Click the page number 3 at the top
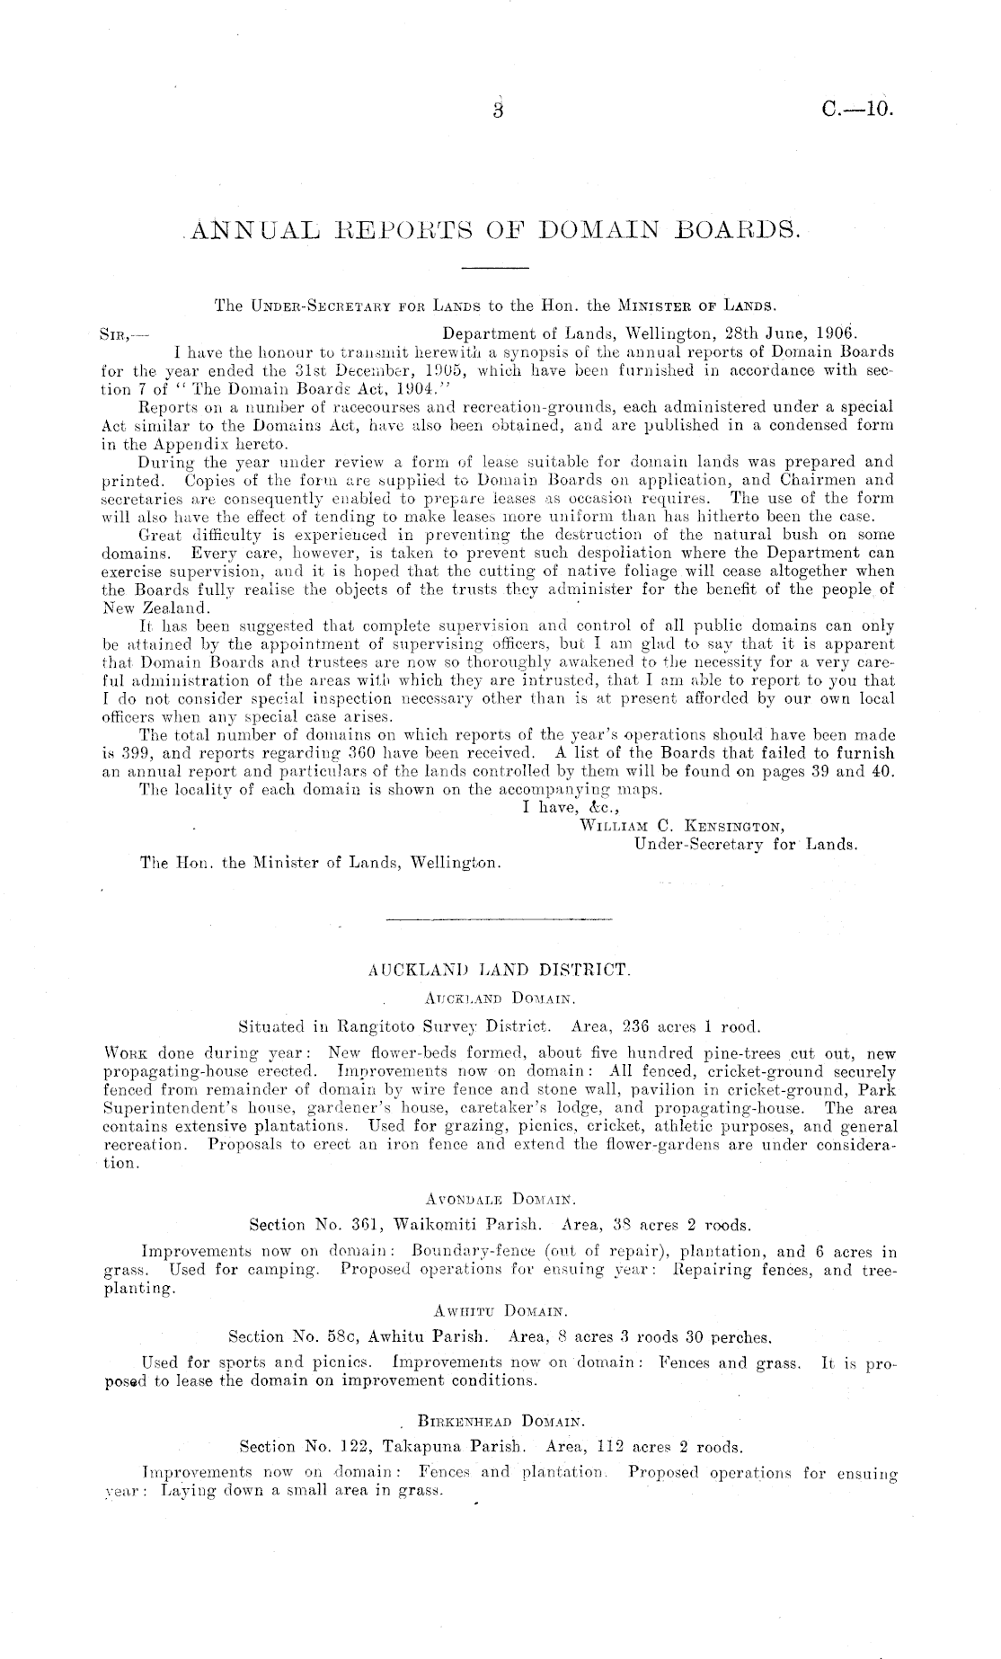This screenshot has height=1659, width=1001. (500, 111)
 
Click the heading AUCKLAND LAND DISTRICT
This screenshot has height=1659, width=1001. (500, 971)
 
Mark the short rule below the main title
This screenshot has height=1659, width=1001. (494, 269)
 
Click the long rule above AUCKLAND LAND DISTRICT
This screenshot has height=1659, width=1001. (500, 920)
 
